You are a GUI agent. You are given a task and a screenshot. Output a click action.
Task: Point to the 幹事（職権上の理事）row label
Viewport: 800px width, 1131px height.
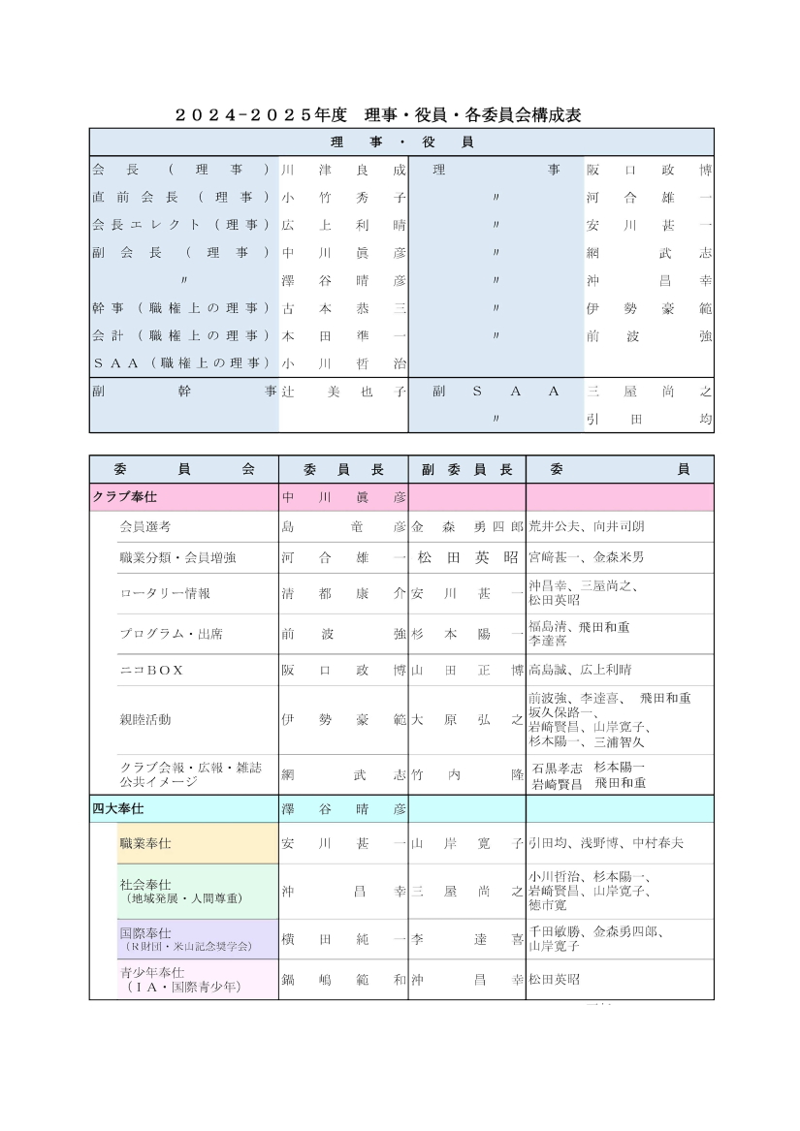180,309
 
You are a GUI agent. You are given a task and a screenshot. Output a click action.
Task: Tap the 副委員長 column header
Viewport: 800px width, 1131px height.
466,469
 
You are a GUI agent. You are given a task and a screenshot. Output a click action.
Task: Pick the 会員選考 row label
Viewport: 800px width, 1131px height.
145,527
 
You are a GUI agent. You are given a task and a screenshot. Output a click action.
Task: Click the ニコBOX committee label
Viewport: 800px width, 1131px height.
151,670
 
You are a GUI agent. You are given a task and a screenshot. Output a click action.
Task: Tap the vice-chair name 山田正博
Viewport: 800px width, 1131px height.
466,670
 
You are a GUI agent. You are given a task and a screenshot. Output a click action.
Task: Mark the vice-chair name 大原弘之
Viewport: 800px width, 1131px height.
466,719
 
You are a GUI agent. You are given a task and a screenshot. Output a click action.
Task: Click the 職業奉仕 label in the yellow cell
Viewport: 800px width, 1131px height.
145,843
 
